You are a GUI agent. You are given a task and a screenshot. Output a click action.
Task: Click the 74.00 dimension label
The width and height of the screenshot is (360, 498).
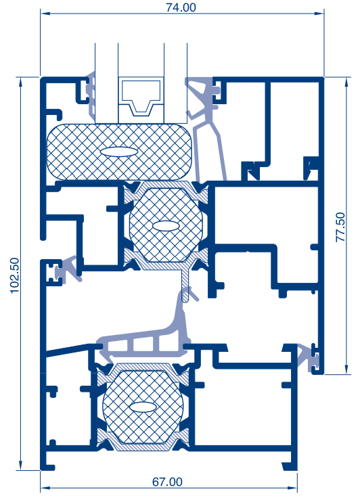[x=181, y=7]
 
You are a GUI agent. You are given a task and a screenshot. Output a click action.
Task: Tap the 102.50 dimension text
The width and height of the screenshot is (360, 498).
[x=15, y=275]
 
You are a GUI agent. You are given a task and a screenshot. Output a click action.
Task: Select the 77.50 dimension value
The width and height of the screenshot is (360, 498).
[x=340, y=227]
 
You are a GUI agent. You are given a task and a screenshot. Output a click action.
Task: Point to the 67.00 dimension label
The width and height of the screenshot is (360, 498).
[x=167, y=482]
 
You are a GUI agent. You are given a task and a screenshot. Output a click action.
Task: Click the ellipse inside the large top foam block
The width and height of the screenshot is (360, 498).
[x=120, y=152]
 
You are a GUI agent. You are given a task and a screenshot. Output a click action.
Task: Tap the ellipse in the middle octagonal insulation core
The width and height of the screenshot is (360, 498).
[x=166, y=226]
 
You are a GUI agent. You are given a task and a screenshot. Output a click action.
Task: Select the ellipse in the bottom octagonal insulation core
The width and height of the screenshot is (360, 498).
[x=143, y=407]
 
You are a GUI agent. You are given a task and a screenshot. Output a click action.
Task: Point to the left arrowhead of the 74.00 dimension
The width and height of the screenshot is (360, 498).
[x=45, y=14]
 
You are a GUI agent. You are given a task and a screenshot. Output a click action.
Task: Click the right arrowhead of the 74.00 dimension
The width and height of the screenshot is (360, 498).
[x=319, y=14]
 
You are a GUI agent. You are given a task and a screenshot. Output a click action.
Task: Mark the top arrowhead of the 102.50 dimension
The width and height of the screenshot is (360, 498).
[x=21, y=82]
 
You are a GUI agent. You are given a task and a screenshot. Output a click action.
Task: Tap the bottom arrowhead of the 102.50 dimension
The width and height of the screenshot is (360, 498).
[x=21, y=465]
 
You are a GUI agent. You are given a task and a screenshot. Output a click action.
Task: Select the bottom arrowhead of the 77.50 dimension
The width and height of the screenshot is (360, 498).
[x=346, y=369]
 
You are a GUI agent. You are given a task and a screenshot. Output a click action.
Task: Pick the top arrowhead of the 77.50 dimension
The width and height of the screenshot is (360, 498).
[x=346, y=82]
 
